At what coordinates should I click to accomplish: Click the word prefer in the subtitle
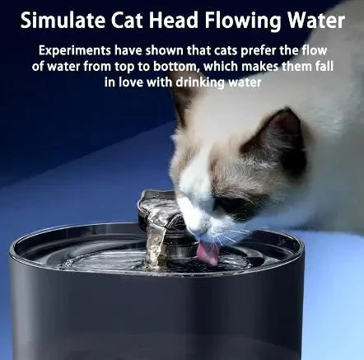coord(264,51)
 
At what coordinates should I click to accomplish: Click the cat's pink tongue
coord(208,251)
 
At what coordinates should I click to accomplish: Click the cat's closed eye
coord(222,204)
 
